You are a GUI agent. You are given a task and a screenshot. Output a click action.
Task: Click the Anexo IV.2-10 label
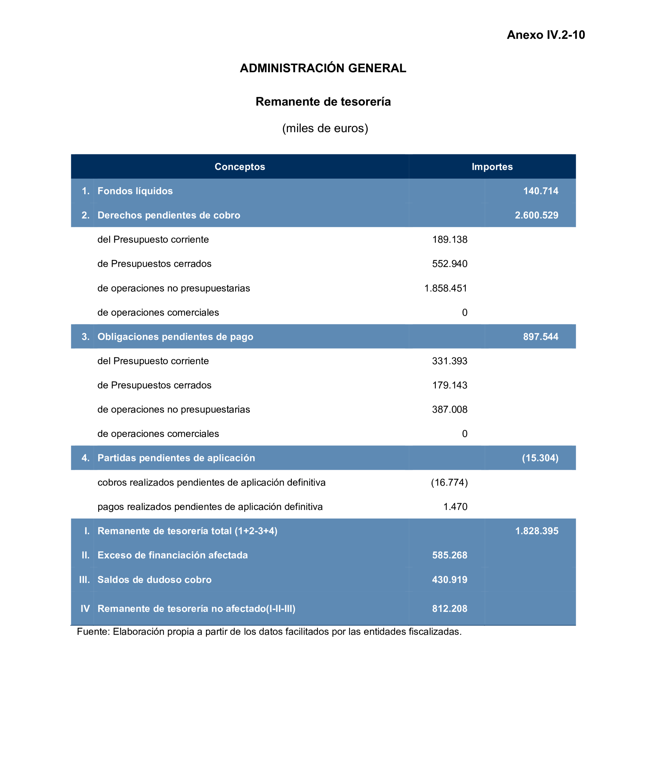point(545,35)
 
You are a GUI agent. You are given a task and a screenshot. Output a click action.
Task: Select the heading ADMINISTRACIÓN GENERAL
point(323,68)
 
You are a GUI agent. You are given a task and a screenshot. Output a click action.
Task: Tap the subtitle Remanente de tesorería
point(323,102)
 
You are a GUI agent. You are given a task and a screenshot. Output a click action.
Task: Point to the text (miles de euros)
point(325,128)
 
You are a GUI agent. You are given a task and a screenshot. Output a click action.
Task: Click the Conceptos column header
point(240,167)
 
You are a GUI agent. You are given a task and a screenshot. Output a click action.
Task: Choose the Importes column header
point(492,167)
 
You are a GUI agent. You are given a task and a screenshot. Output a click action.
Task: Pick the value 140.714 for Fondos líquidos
point(540,191)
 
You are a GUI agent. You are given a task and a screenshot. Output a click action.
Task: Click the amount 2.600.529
point(536,215)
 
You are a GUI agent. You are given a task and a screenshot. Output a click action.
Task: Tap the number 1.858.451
point(445,288)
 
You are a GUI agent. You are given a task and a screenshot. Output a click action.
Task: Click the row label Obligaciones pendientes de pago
point(175,337)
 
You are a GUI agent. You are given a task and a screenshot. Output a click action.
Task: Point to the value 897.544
point(540,337)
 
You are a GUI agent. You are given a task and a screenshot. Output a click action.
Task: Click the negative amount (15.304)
point(540,458)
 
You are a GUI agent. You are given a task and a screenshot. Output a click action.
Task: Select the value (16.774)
point(449,482)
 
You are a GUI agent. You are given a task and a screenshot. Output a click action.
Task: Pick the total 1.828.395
point(536,531)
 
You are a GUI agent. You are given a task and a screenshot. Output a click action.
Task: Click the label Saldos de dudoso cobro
point(154,579)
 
